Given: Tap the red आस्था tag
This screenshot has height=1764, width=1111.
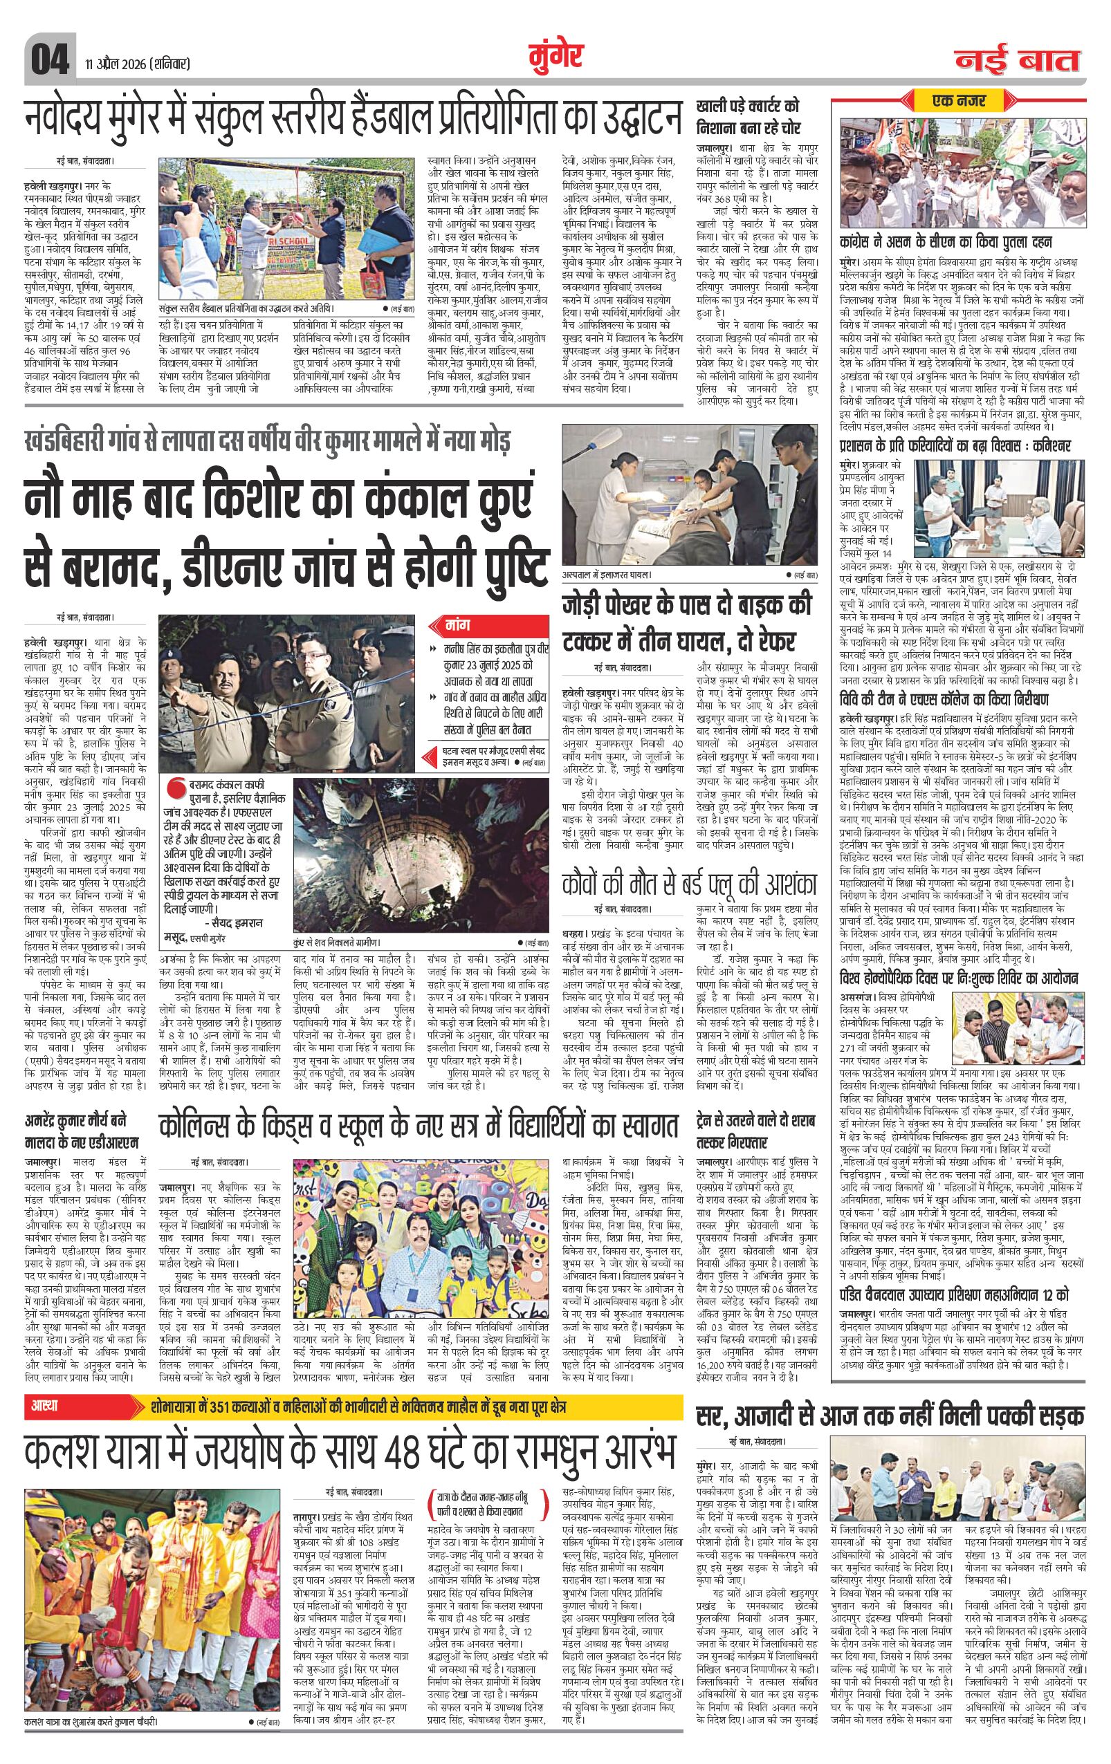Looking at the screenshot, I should pos(46,1406).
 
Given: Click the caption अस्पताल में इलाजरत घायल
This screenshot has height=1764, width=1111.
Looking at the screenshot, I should pos(607,576).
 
